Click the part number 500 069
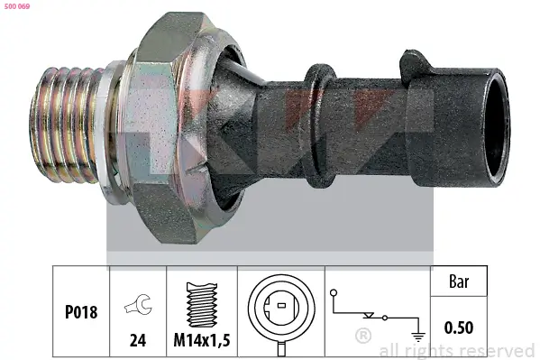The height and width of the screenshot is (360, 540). coord(17,6)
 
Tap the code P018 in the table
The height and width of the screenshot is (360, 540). coord(81,312)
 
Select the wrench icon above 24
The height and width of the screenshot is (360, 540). coord(138,305)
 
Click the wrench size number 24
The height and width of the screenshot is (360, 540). coord(138,340)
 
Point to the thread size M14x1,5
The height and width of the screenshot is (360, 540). coord(202,340)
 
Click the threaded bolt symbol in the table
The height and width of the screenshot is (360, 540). coord(202,305)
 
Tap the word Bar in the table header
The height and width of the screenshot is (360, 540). coord(459,282)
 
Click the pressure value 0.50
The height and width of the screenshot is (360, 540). coord(459,328)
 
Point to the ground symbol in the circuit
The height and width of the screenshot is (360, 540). coord(418,337)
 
